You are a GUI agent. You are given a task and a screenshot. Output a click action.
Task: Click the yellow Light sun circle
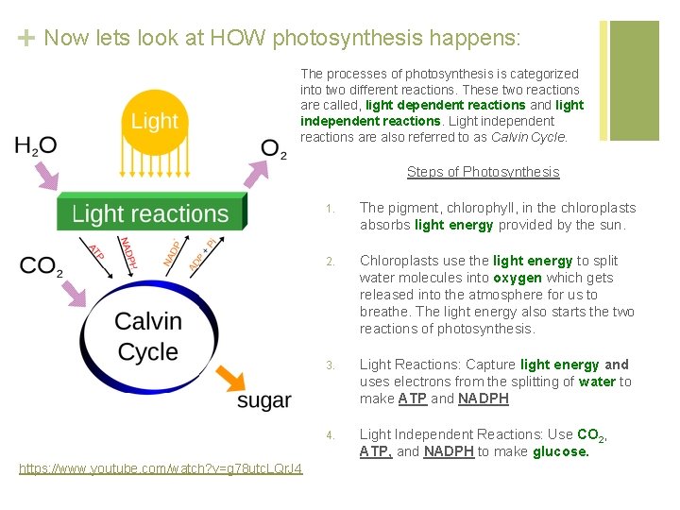[154, 120]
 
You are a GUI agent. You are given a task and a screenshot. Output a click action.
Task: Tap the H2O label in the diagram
[36, 145]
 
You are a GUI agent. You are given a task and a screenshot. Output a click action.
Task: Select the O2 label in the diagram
[273, 149]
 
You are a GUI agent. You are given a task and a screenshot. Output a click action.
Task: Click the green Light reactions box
[151, 213]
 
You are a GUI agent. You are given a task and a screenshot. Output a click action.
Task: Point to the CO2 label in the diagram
[41, 265]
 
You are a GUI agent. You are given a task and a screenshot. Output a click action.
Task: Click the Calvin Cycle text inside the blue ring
[148, 336]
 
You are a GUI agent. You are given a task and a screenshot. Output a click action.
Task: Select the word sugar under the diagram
[264, 400]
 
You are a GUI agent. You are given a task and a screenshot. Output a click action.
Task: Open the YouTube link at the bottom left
[161, 468]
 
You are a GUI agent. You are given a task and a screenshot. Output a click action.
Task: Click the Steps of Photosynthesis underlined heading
[483, 172]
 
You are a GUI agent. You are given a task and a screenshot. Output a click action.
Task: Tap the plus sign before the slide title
[26, 39]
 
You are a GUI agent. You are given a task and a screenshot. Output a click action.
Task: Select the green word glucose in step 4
[561, 451]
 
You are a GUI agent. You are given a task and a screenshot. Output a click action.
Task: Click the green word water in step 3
[597, 382]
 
